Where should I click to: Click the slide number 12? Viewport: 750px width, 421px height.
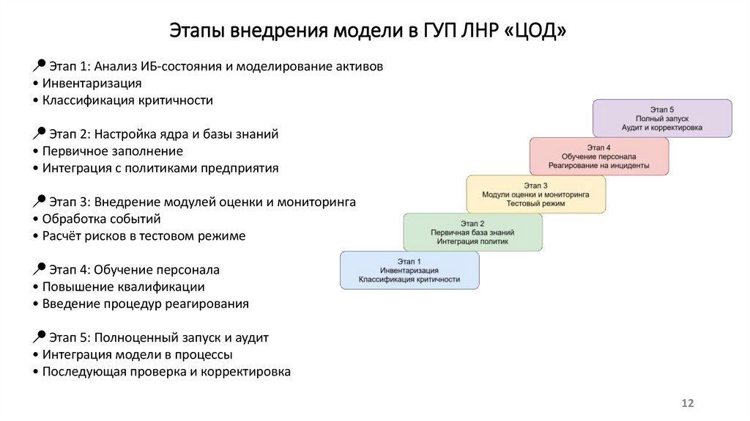point(687,403)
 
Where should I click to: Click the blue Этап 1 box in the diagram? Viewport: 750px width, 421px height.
point(409,270)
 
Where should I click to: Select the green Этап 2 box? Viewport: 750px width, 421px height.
point(472,232)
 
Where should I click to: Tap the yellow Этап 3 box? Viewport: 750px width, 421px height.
point(535,194)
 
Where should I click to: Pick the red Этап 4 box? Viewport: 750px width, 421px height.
point(598,156)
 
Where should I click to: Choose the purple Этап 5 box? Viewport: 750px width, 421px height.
point(661,118)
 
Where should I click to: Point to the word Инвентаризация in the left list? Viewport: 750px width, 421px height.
point(92,84)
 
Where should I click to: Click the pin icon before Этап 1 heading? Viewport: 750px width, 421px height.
point(40,65)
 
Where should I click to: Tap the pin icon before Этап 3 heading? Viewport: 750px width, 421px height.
point(40,199)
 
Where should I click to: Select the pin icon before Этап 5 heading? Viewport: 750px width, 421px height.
point(40,336)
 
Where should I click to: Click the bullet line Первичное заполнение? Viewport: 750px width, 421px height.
point(112,151)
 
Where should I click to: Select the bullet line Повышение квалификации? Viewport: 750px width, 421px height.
point(123,287)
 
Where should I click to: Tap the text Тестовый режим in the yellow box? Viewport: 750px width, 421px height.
point(535,203)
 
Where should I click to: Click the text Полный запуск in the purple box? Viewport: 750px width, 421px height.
point(661,118)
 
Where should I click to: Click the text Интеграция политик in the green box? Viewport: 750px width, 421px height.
point(472,241)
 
